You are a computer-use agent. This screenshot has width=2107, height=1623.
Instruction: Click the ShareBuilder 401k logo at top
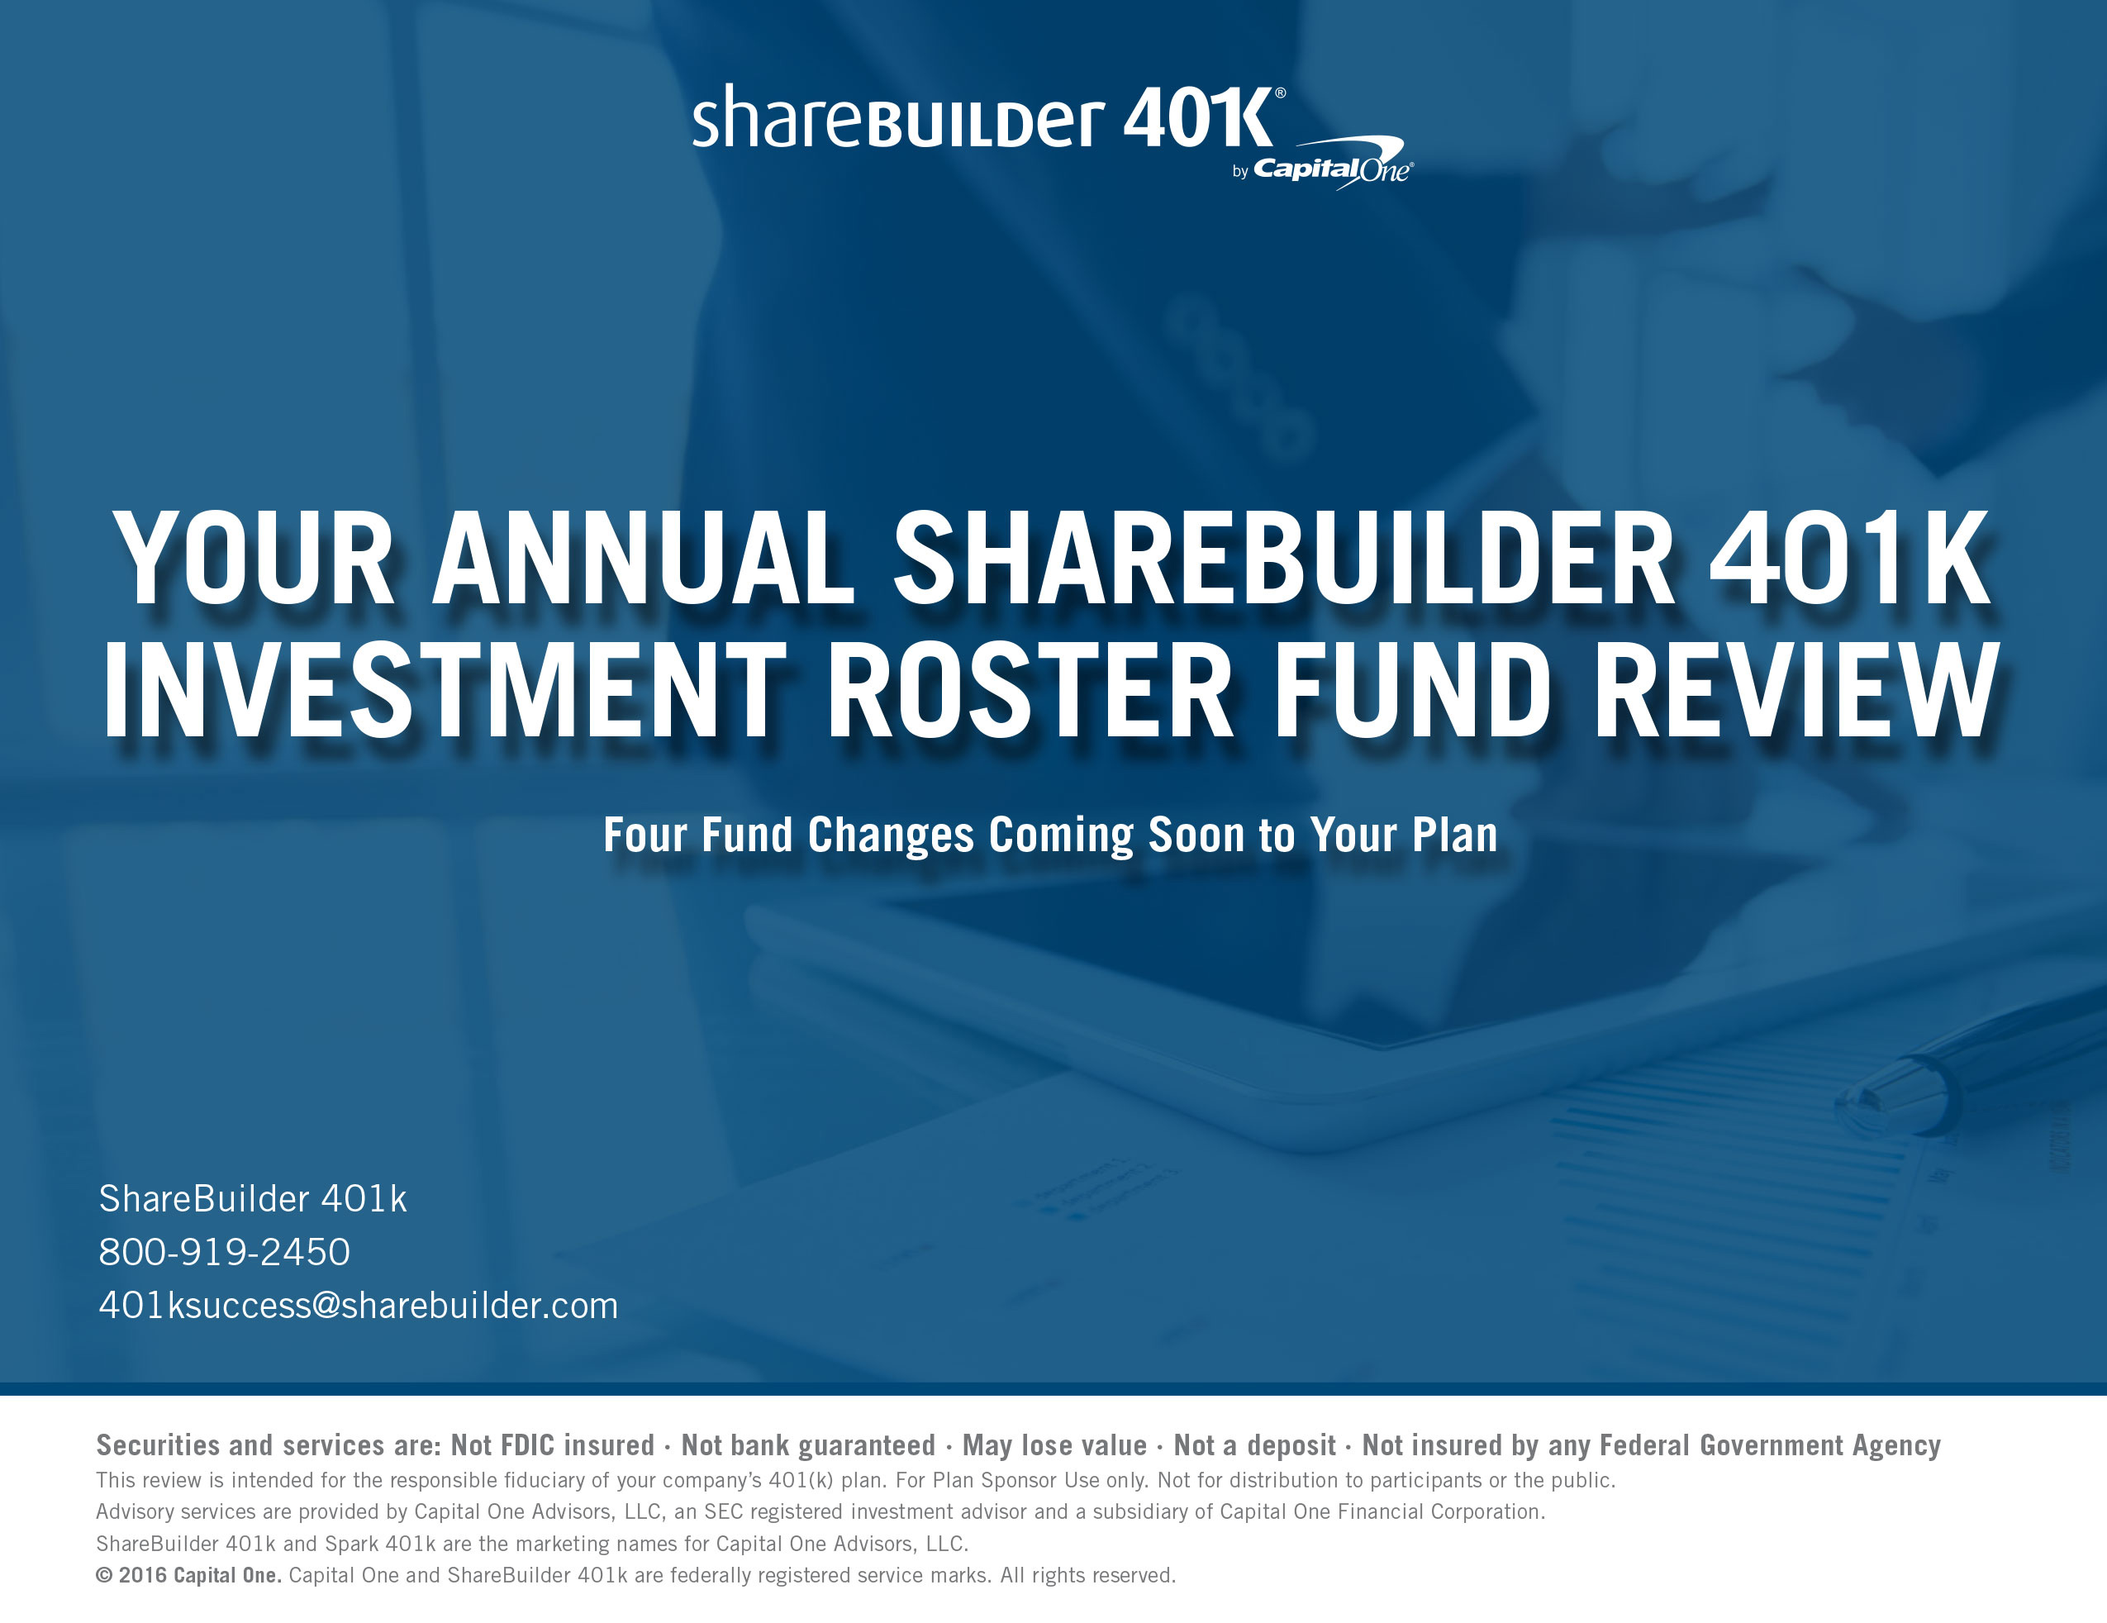pyautogui.click(x=989, y=117)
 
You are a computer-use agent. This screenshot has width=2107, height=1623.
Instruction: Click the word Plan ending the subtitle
pyautogui.click(x=1455, y=835)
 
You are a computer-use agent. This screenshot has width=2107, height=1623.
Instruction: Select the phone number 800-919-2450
pyautogui.click(x=225, y=1251)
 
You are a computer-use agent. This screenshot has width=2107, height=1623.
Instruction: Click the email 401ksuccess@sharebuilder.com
pyautogui.click(x=358, y=1306)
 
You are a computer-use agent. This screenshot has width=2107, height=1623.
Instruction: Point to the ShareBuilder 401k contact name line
pyautogui.click(x=253, y=1198)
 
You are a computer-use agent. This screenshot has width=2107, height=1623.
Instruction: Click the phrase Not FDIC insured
pyautogui.click(x=553, y=1445)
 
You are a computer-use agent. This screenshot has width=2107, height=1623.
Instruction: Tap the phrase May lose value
pyautogui.click(x=1054, y=1445)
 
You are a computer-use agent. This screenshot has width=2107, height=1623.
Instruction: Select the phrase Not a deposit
pyautogui.click(x=1254, y=1445)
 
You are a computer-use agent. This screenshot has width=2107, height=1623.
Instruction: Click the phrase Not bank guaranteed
pyautogui.click(x=808, y=1445)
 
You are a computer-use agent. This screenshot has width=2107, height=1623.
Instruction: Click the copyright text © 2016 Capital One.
pyautogui.click(x=189, y=1576)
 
